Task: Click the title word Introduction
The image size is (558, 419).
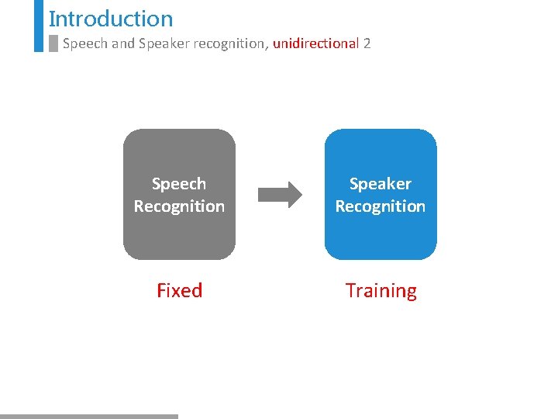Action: (x=111, y=19)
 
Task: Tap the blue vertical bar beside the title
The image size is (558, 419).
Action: (x=39, y=25)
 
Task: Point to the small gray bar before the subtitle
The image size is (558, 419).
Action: (x=53, y=43)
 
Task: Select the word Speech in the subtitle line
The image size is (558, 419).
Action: (x=85, y=43)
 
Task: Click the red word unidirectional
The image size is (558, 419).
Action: (x=315, y=43)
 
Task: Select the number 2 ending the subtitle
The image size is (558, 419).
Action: (x=367, y=43)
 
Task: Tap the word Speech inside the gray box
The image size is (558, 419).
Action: (x=179, y=184)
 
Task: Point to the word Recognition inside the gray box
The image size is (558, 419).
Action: (x=179, y=206)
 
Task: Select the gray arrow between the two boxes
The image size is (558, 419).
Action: (x=277, y=195)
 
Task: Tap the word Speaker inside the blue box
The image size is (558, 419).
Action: (x=381, y=184)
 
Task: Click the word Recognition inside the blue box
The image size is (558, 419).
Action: (x=381, y=206)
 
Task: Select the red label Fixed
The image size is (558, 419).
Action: (x=179, y=290)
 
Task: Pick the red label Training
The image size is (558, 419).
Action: (x=381, y=291)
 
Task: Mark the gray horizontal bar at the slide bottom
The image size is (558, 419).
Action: (x=89, y=416)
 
